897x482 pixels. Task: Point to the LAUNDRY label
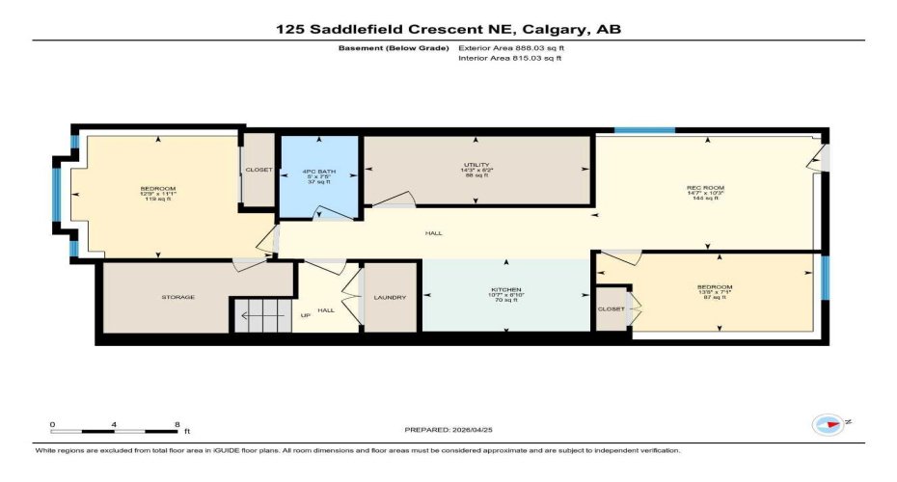coord(390,297)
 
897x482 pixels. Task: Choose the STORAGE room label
coord(177,297)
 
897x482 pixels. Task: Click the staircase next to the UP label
coord(260,315)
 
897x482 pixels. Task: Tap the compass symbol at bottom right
coord(828,424)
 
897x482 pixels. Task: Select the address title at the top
coord(448,30)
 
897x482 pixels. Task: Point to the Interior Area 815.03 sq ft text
coord(509,59)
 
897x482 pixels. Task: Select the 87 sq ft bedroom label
coord(715,292)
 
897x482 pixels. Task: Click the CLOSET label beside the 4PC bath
coord(258,170)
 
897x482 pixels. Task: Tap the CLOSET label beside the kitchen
coord(611,308)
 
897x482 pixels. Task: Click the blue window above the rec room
coord(644,130)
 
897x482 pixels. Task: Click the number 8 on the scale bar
coord(176,424)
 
